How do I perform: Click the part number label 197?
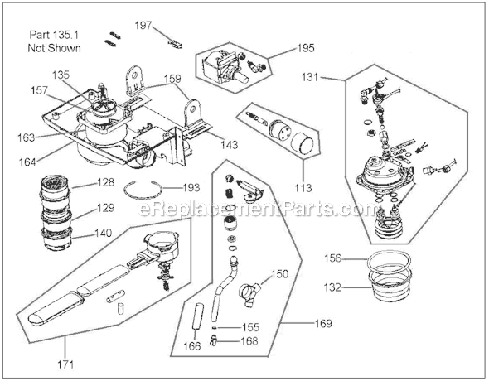[x=144, y=27]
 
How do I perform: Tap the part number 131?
[x=332, y=79]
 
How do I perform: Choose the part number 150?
[x=280, y=272]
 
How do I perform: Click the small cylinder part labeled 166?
[x=198, y=318]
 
